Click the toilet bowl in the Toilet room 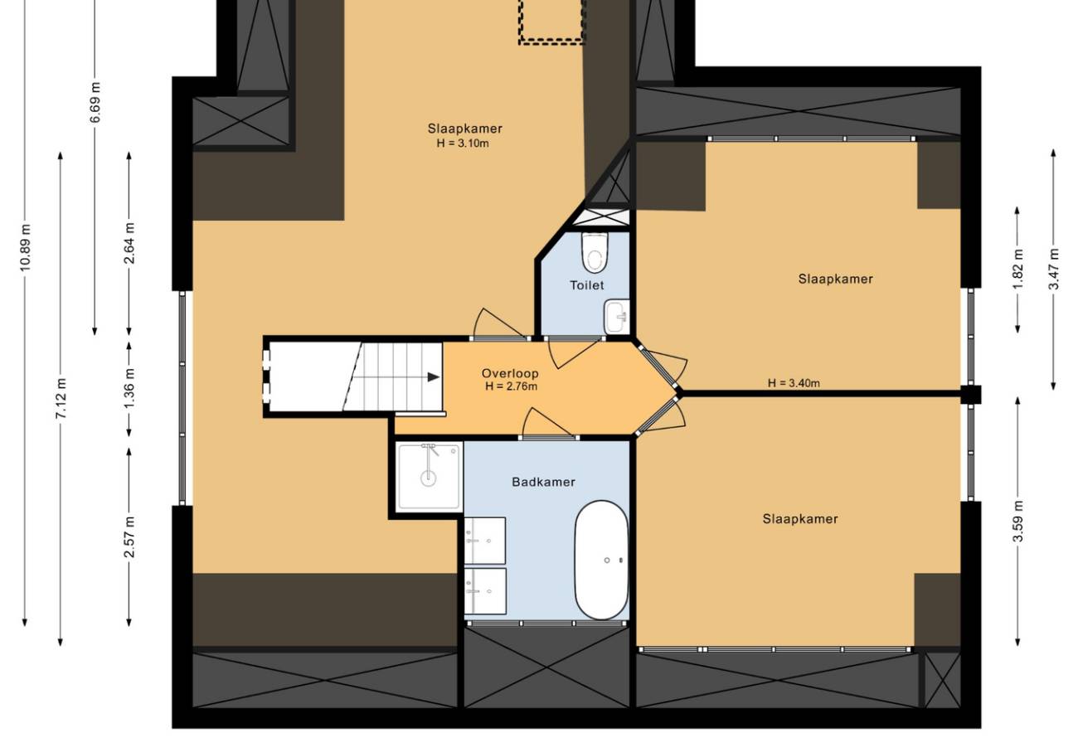tap(595, 252)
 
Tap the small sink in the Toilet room tap(617, 317)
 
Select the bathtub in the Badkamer tap(601, 561)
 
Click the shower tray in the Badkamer tap(429, 477)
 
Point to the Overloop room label tap(510, 373)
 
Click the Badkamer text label tap(543, 482)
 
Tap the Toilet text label tap(586, 285)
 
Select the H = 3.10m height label tap(463, 143)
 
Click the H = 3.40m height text tap(794, 383)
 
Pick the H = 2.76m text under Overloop tap(511, 386)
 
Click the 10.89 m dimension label tap(26, 247)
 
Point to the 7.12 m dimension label tap(61, 399)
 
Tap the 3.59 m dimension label tap(1017, 522)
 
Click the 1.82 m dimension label tap(1017, 269)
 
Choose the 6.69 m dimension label tap(95, 103)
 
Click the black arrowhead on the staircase tap(433, 377)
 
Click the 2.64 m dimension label tap(129, 244)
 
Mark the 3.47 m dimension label tap(1054, 269)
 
